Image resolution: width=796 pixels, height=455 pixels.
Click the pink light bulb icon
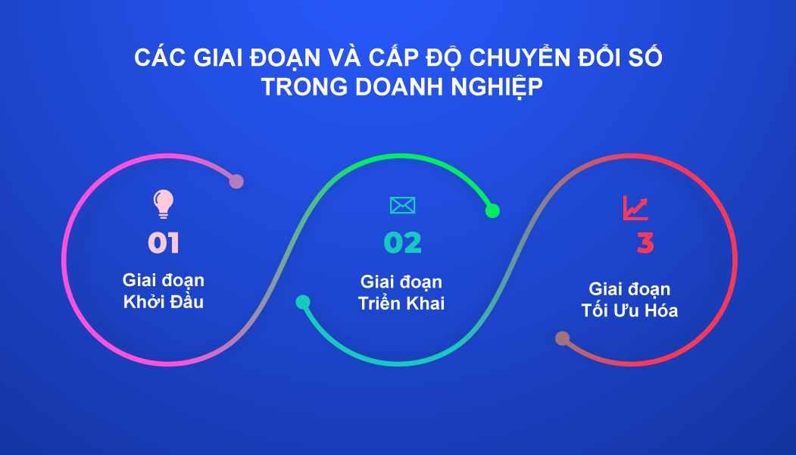(x=164, y=204)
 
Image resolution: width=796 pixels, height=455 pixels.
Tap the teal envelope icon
(x=403, y=205)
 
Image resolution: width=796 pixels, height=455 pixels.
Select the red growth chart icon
(x=635, y=208)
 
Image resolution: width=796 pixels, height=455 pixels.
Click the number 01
(x=164, y=243)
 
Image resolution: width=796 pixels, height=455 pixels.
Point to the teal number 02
(x=403, y=243)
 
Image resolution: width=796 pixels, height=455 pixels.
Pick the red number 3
(x=645, y=243)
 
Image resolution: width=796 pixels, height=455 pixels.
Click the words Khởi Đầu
(x=164, y=302)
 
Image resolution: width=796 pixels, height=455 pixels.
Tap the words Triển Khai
(x=401, y=304)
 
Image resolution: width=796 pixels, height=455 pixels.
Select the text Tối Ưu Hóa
(x=629, y=310)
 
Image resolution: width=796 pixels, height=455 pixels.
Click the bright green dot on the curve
(x=492, y=210)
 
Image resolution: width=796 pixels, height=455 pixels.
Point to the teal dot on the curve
(x=303, y=302)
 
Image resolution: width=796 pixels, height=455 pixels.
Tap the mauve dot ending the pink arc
(x=236, y=181)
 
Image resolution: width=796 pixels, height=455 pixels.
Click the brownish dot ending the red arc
(x=563, y=338)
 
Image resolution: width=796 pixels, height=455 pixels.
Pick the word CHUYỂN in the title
(x=520, y=57)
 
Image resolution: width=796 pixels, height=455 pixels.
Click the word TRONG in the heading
(x=304, y=87)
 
